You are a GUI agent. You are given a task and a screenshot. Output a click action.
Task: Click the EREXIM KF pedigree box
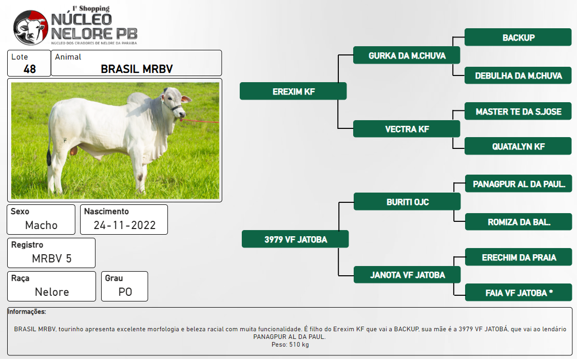[x=293, y=91]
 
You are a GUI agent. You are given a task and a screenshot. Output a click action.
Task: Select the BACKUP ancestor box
[x=518, y=37]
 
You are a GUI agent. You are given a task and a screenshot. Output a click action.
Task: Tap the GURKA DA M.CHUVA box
[x=407, y=55]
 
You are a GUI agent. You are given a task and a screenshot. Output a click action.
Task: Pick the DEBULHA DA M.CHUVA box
[x=518, y=75]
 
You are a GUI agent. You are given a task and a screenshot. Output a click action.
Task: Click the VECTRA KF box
[x=407, y=129]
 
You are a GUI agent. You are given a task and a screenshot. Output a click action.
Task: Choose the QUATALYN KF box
[x=518, y=146]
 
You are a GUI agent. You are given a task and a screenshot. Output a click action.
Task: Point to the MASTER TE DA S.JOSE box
[x=518, y=111]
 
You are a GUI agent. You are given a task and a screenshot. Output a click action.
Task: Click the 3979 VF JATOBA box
[x=295, y=239]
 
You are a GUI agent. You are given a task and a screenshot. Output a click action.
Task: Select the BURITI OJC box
[x=407, y=202]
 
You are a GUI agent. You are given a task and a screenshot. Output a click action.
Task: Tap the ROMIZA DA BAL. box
[x=518, y=222]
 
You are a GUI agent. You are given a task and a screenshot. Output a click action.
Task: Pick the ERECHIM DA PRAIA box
[x=518, y=257]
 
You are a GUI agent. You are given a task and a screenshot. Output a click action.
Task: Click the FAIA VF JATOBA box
[x=518, y=293]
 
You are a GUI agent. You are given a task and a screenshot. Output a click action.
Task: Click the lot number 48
[x=29, y=69]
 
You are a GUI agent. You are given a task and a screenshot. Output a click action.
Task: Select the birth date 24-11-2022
[x=124, y=225]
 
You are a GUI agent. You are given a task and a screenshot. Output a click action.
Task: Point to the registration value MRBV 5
[x=51, y=258]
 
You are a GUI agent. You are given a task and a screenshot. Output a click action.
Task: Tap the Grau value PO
[x=125, y=292]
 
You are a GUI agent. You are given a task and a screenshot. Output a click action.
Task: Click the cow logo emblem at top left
[x=30, y=28]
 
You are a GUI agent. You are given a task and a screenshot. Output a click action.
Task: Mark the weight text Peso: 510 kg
[x=290, y=345]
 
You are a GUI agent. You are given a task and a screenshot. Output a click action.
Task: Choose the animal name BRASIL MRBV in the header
[x=137, y=69]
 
